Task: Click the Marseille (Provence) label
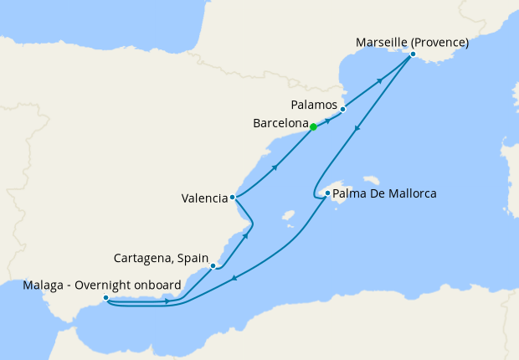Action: [411, 42]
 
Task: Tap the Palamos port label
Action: [315, 106]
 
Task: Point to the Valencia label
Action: [204, 198]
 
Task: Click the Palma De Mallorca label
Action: [384, 194]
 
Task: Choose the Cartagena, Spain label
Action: [160, 257]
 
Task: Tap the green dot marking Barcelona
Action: [313, 127]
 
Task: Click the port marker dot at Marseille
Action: [412, 54]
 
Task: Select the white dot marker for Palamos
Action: [343, 108]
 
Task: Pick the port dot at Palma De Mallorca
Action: [326, 193]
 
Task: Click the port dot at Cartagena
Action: [214, 265]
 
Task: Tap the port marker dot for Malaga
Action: [105, 297]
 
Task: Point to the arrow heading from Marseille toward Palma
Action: [358, 129]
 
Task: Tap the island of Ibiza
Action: [289, 214]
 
